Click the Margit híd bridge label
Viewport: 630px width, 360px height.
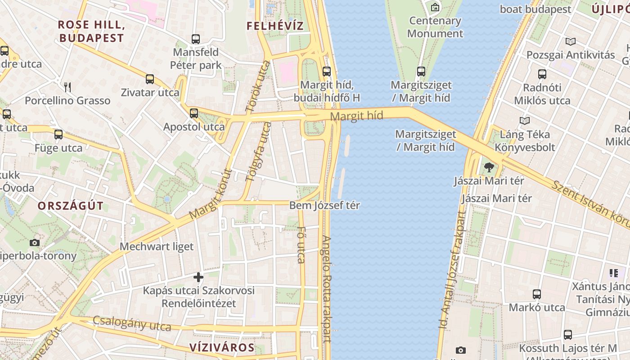coord(356,116)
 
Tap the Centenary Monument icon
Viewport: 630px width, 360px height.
coord(435,7)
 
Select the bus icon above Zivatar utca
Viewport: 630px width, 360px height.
coord(150,80)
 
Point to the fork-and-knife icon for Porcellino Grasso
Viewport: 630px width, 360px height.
coord(67,87)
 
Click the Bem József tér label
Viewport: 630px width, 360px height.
coord(324,206)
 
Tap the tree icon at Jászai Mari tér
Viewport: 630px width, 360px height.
coord(489,168)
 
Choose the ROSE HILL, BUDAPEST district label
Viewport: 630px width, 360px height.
coord(91,31)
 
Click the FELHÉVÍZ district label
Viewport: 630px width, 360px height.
coord(275,26)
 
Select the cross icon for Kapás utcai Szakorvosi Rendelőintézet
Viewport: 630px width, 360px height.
coord(198,277)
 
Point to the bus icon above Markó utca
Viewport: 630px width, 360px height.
coord(537,294)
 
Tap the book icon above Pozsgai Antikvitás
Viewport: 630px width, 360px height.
coord(570,42)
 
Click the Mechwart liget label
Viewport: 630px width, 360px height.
coord(157,247)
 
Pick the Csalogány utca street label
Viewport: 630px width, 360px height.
coord(132,323)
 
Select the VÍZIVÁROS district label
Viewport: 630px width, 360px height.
coord(222,347)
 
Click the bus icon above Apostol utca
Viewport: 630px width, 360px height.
coord(194,113)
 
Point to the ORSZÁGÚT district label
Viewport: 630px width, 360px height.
coord(71,206)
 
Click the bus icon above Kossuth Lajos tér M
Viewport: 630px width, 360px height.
coord(568,335)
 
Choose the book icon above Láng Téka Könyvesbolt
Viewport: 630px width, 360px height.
coord(524,121)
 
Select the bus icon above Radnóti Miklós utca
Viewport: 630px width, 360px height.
coord(542,74)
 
